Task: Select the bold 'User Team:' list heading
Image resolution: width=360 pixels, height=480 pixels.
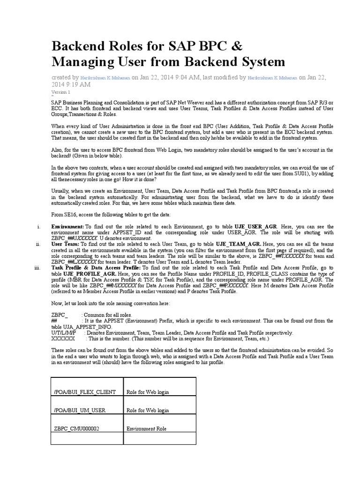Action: pos(65,244)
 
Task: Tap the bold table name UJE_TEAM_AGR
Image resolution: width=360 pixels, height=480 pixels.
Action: pos(238,244)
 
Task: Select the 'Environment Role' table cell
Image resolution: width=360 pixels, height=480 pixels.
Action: pos(146,428)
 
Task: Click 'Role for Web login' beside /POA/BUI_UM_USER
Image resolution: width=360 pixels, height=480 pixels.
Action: pos(148,410)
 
